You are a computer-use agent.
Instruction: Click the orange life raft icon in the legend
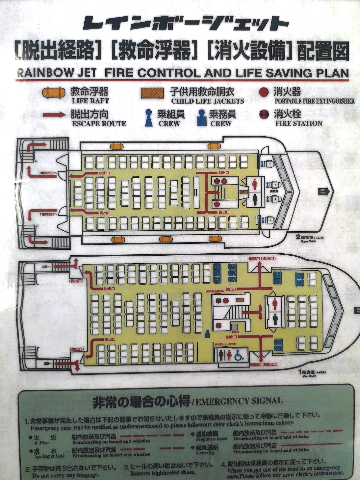tap(54, 92)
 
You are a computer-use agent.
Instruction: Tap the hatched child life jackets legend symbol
tap(152, 93)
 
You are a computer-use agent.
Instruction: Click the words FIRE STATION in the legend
tap(298, 123)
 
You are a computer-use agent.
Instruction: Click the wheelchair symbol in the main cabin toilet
tap(239, 355)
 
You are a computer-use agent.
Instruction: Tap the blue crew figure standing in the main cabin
tap(208, 334)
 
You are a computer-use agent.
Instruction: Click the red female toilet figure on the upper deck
tap(255, 185)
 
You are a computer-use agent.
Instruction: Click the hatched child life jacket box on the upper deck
tap(244, 192)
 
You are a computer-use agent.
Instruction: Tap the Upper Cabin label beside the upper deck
tap(306, 241)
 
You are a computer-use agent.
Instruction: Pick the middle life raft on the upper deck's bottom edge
tap(166, 239)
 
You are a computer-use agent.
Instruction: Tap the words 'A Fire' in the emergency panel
tap(41, 442)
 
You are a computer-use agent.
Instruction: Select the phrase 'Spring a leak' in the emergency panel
tap(49, 456)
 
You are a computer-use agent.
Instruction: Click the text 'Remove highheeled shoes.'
tap(163, 473)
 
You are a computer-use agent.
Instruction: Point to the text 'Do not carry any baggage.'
tap(65, 475)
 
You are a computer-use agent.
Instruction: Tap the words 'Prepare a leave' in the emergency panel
tap(211, 439)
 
